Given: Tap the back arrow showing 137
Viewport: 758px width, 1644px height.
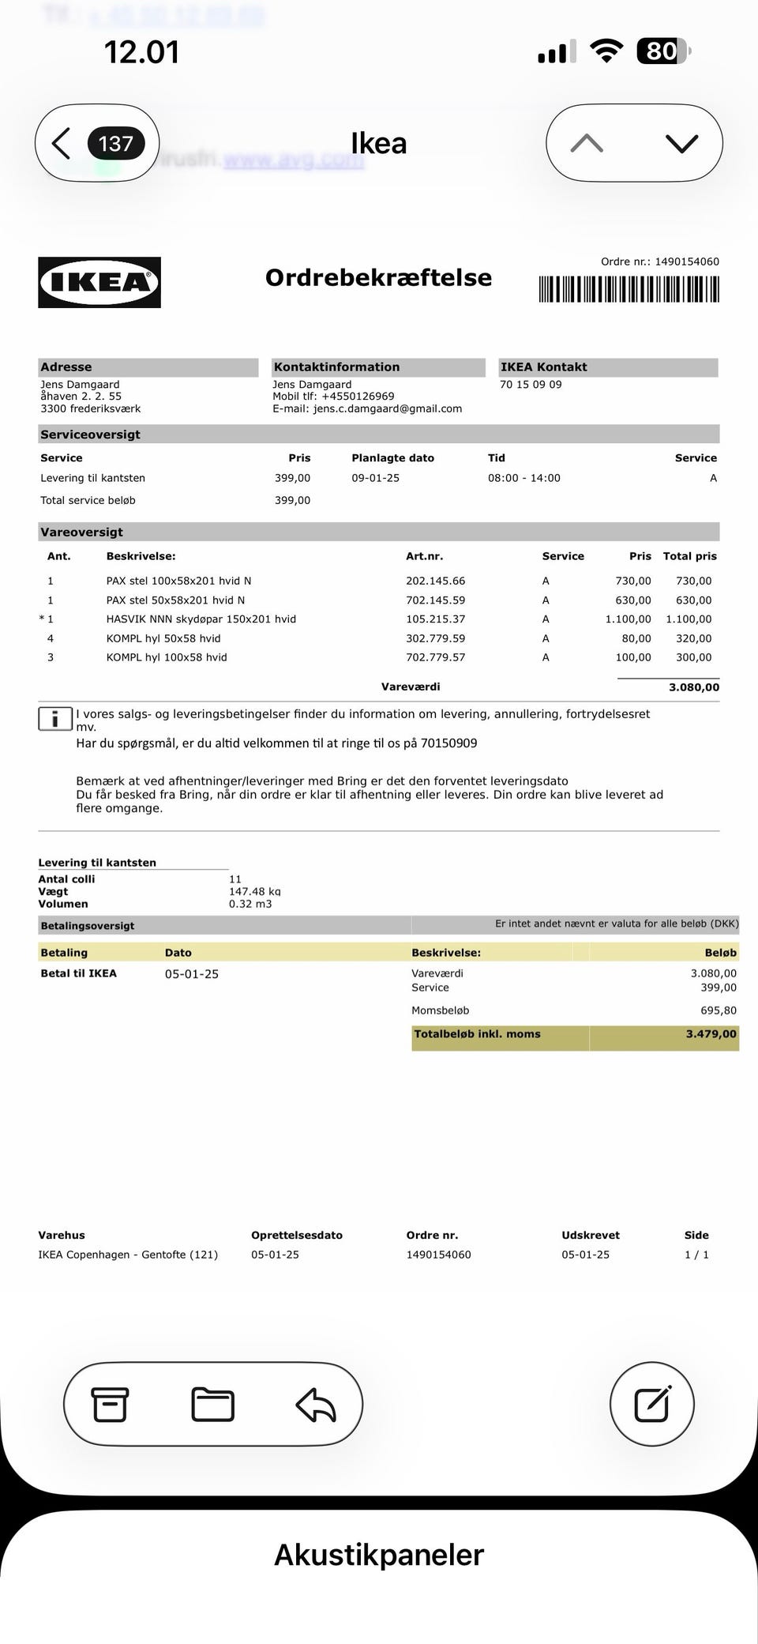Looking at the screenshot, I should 96,144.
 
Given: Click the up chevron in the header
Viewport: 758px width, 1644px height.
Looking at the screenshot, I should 587,143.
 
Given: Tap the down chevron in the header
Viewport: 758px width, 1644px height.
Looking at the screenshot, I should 681,143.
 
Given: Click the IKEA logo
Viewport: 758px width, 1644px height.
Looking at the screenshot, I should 99,282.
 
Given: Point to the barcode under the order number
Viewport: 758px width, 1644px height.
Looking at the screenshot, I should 629,289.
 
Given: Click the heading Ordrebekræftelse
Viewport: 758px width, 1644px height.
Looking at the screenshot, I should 378,278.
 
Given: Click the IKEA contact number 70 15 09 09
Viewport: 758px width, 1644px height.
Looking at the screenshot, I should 531,385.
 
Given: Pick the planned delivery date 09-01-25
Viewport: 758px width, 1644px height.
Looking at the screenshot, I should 375,478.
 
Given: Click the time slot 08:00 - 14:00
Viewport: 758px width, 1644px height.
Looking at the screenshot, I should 523,478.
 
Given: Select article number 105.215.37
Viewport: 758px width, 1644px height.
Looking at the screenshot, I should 435,619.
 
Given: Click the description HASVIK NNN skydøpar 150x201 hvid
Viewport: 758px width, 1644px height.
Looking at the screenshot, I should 201,619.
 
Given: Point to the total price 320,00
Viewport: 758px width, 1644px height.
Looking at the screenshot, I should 693,638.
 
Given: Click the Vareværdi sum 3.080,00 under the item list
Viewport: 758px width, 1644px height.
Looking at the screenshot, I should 693,687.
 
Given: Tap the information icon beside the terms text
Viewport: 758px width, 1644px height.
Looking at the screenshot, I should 54,719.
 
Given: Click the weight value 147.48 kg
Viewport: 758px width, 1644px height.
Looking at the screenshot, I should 254,891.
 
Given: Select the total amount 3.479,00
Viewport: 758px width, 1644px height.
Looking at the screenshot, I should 711,1034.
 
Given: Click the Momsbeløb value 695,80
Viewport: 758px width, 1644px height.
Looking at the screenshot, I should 718,1010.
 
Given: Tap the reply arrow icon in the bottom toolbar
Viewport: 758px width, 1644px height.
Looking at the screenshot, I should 316,1405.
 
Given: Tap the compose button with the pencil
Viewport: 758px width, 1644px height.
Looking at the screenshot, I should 652,1404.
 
